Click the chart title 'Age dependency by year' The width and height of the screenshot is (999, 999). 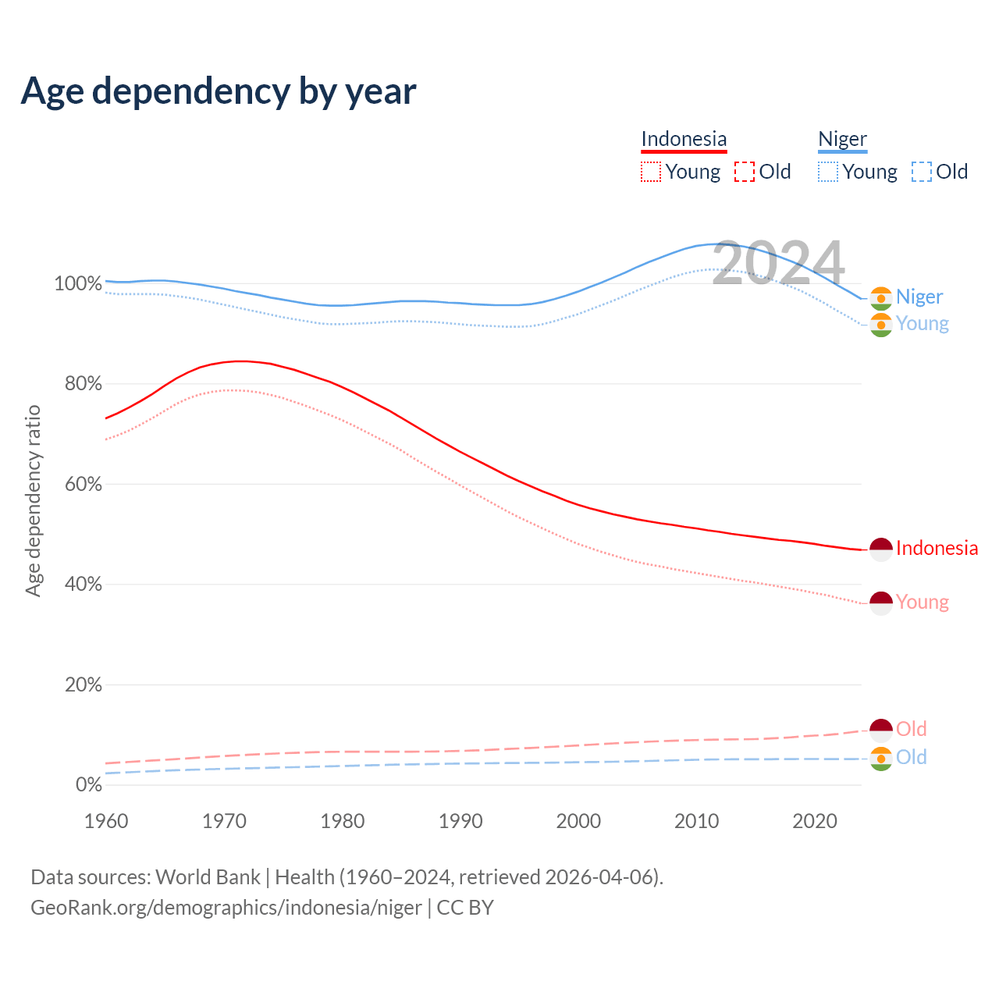pos(219,91)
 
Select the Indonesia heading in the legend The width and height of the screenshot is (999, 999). pos(684,140)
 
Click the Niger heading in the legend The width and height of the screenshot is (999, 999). pos(842,140)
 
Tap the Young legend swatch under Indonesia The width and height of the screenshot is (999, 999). pos(650,172)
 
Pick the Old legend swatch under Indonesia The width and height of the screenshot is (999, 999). pos(745,172)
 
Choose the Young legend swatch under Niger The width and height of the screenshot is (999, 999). pos(828,172)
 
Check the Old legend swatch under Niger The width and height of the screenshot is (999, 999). pos(922,172)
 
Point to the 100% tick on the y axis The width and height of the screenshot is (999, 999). pos(78,283)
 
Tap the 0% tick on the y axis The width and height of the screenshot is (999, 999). pos(88,784)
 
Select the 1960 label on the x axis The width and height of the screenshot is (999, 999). pos(106,821)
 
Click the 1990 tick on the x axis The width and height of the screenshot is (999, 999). pos(460,821)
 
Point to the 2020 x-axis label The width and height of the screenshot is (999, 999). pos(815,821)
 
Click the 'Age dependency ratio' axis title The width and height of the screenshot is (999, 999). pos(33,500)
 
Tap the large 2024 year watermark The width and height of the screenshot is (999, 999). pos(778,264)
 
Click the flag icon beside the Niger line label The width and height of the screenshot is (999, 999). pos(881,298)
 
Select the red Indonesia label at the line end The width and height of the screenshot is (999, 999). pos(937,549)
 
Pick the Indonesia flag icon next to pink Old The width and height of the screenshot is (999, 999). pos(881,731)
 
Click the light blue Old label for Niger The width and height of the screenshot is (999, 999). pos(911,757)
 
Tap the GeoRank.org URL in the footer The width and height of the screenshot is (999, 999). pos(226,908)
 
